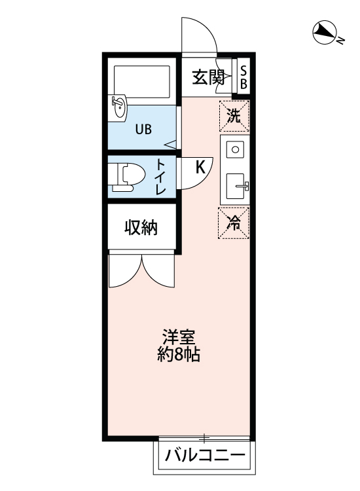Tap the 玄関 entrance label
click(x=207, y=77)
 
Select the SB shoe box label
click(x=243, y=77)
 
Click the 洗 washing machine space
click(x=234, y=116)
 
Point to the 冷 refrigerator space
click(x=234, y=223)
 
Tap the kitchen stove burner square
click(x=235, y=149)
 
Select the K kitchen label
click(x=200, y=168)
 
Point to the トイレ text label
click(x=160, y=176)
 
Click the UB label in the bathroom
click(x=143, y=129)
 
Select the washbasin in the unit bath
click(x=119, y=107)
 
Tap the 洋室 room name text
click(x=178, y=338)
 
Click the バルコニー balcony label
click(x=204, y=455)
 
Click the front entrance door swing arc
click(x=199, y=33)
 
